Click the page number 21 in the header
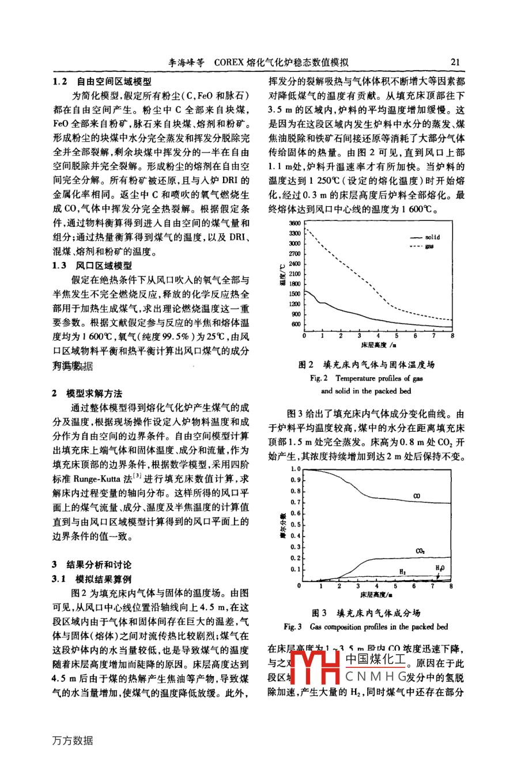(455, 62)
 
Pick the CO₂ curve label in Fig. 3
(420, 551)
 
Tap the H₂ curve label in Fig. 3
(402, 572)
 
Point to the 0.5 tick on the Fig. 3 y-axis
(296, 525)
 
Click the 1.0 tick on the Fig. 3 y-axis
(296, 469)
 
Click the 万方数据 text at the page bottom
(72, 740)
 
